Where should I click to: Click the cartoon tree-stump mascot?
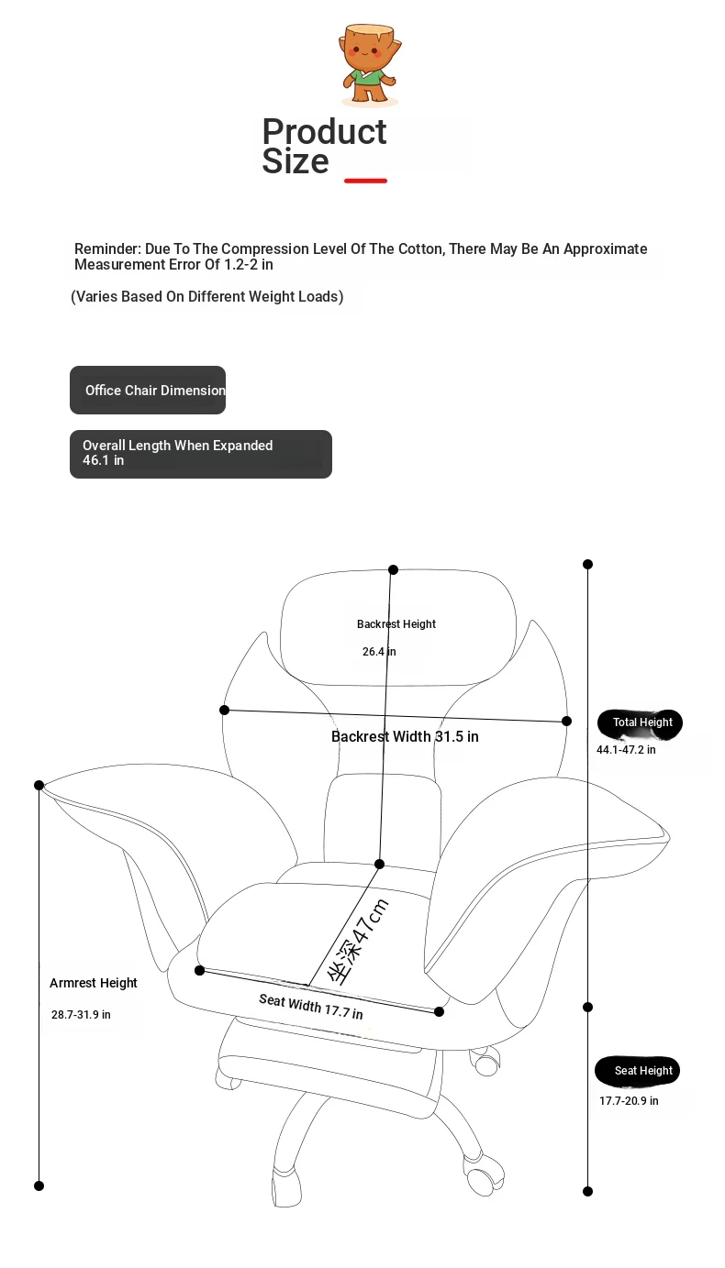tap(370, 64)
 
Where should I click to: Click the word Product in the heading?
tap(325, 132)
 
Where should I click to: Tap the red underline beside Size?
tap(365, 181)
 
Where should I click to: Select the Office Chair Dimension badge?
tap(148, 390)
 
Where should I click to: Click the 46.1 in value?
tap(103, 460)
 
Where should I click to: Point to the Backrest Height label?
tap(396, 623)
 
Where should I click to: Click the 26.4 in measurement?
tap(379, 652)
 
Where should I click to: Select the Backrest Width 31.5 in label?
tap(405, 736)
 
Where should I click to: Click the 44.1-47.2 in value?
tap(626, 749)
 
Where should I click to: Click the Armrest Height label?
tap(94, 983)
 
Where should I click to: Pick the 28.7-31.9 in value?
tap(81, 1014)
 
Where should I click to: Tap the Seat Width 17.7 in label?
tap(311, 1007)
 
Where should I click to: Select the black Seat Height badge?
tap(637, 1072)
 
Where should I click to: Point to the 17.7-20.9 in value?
tap(629, 1100)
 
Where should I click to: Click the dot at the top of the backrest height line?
tap(393, 569)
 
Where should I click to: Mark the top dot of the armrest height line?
tap(39, 785)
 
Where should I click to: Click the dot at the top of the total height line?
tap(588, 565)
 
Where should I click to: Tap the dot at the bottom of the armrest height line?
tap(39, 1185)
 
